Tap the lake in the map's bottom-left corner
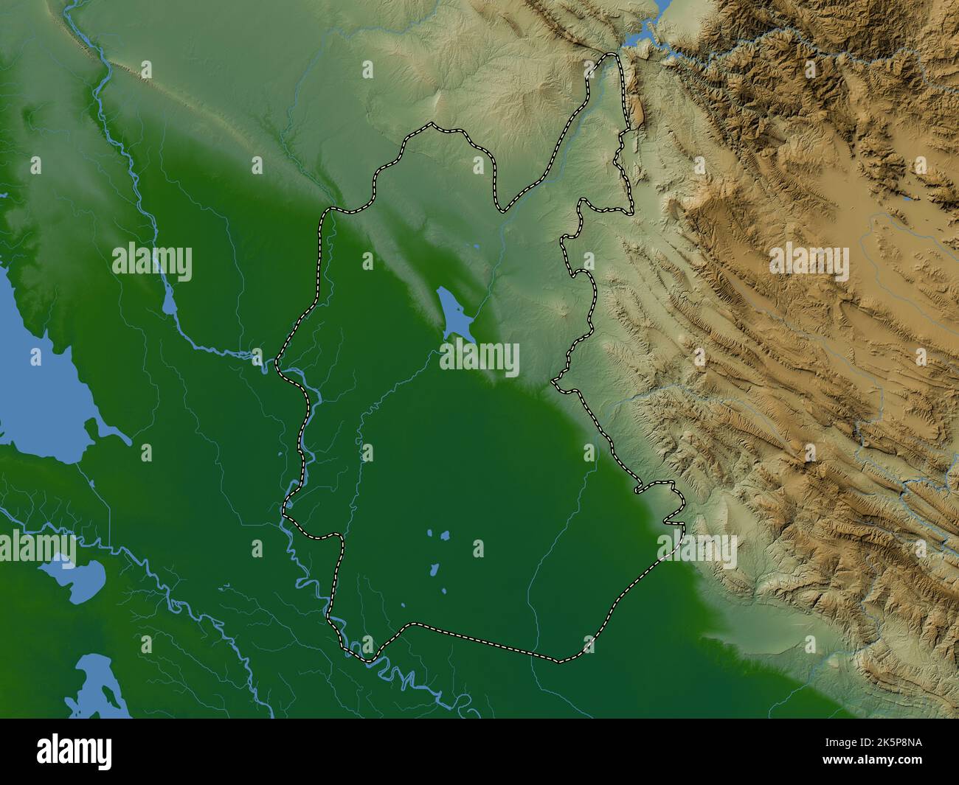coord(100,685)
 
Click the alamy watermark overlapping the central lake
coord(479,360)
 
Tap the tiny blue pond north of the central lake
coord(477,247)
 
